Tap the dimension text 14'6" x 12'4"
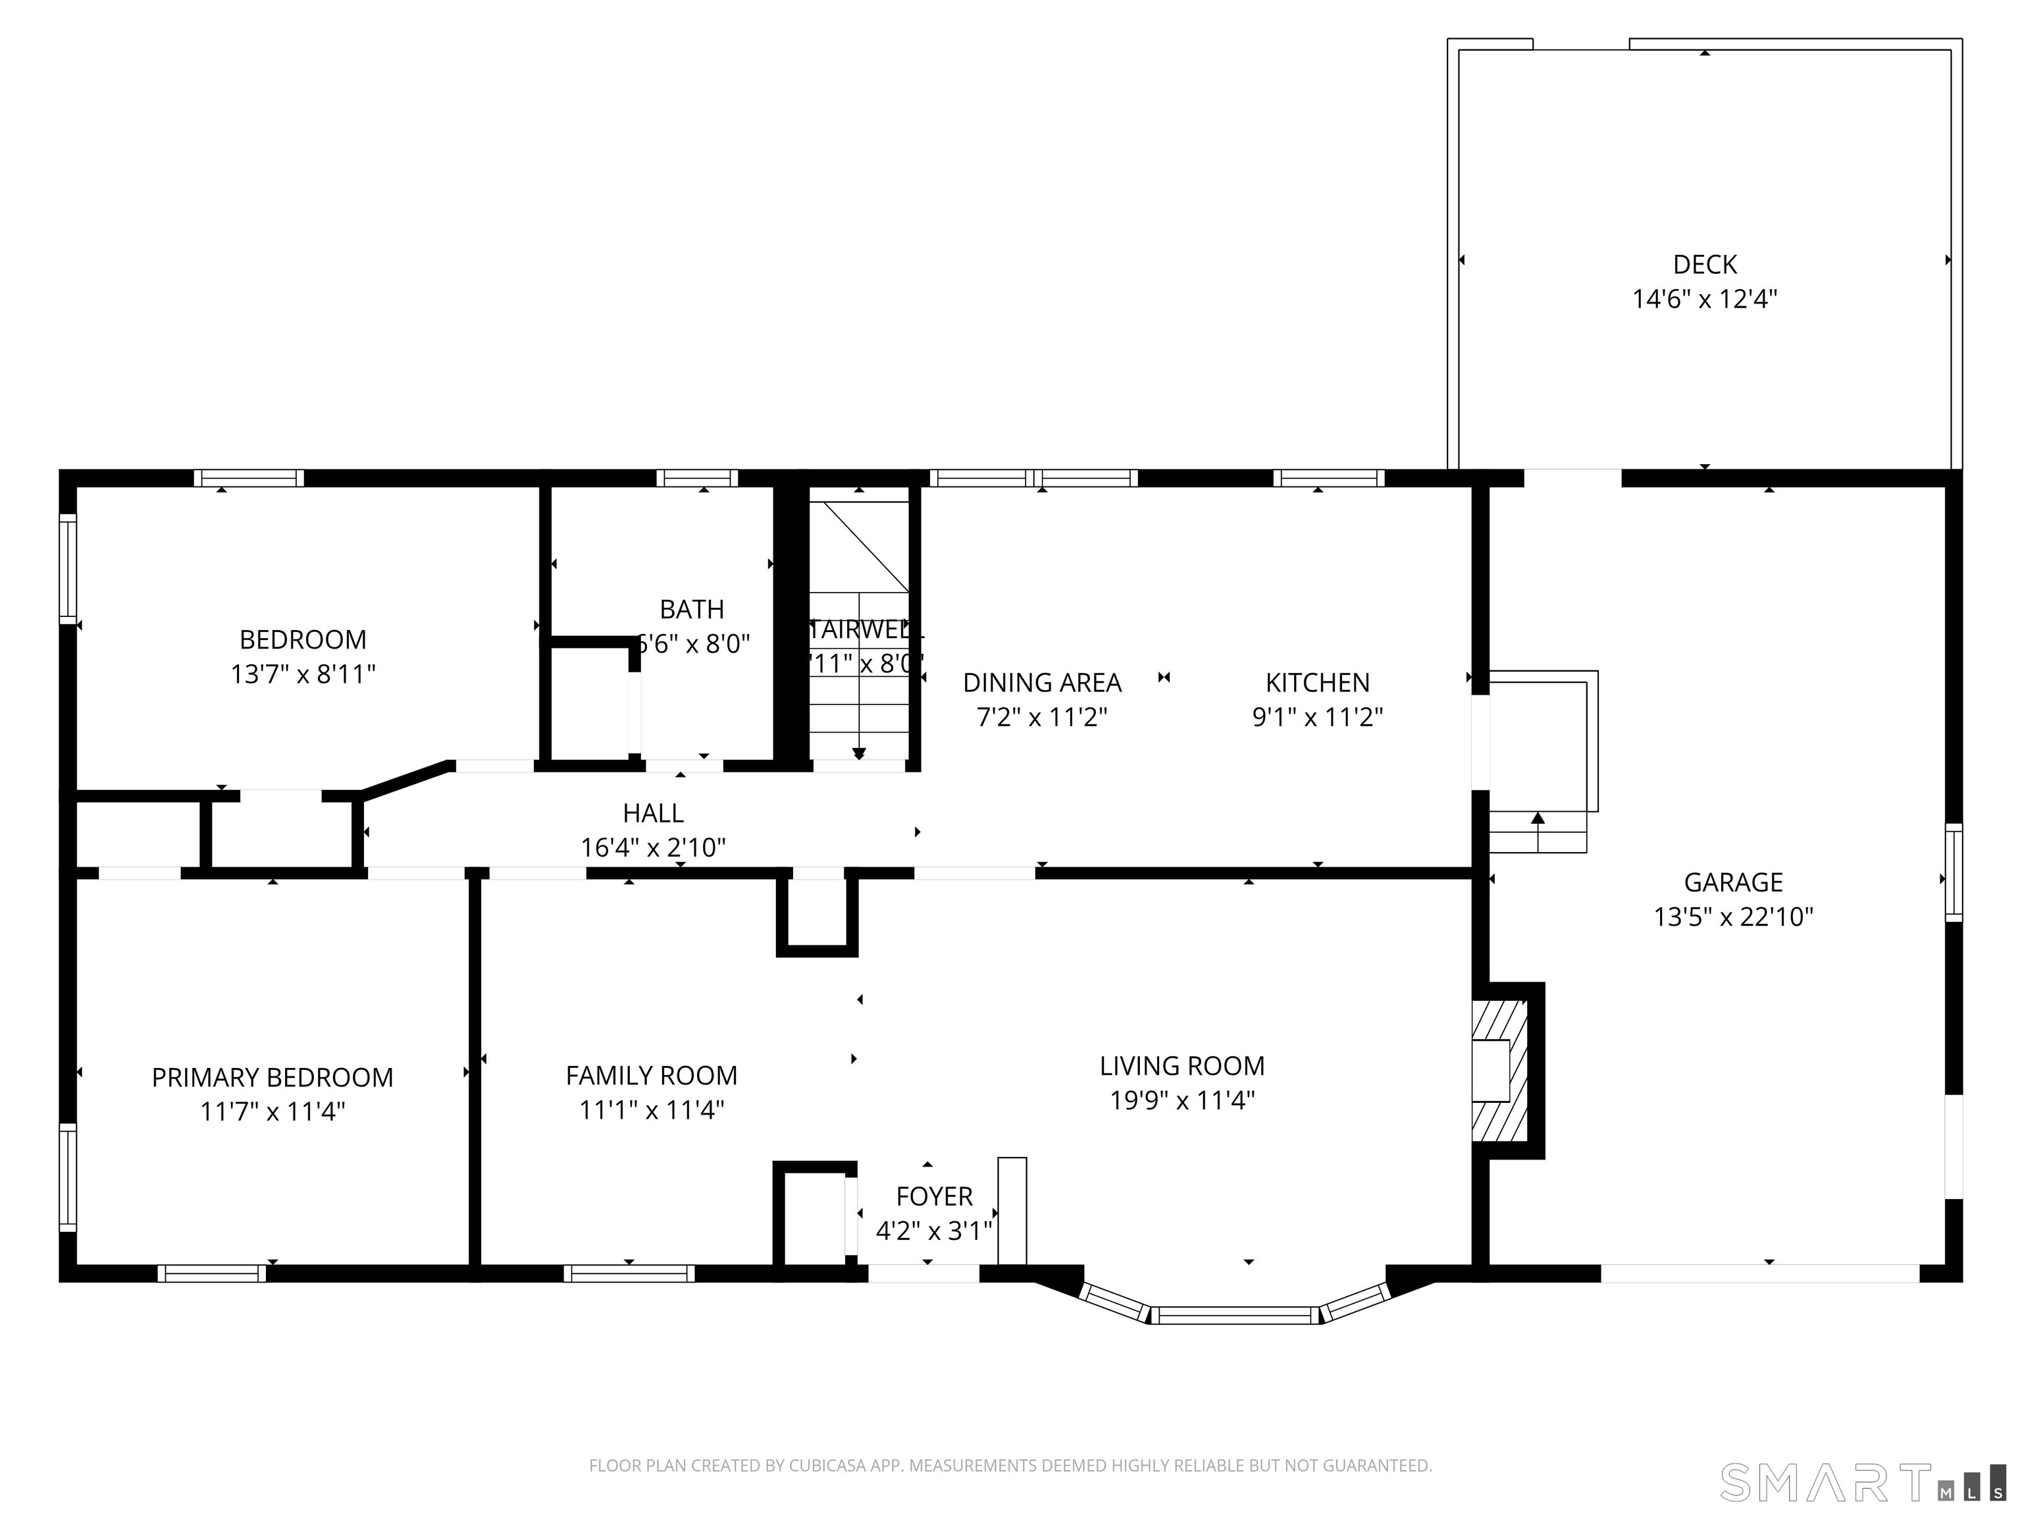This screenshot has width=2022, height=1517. click(1704, 299)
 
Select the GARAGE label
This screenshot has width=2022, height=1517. click(1733, 882)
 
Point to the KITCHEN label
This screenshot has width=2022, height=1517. click(1317, 682)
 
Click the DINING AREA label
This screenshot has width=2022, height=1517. click(1042, 682)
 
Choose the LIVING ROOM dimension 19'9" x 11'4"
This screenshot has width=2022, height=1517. click(1182, 1100)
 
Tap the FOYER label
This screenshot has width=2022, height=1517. click(934, 1196)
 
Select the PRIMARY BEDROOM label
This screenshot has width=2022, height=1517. click(272, 1077)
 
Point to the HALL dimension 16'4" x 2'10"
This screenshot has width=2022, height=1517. click(653, 847)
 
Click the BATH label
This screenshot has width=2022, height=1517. click(692, 609)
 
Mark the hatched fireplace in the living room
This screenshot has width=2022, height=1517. click(1499, 1070)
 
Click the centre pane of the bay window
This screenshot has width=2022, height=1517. click(1234, 1315)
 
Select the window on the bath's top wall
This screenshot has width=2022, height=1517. click(696, 477)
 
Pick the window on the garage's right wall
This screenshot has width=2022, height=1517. click(1954, 872)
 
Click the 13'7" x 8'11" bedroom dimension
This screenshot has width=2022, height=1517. click(303, 674)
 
